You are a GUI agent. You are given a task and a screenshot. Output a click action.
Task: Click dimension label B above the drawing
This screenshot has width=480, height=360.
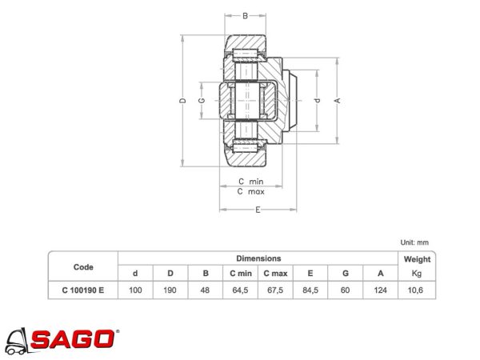(x=245, y=16)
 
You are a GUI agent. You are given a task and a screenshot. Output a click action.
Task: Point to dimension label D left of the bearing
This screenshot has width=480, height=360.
(x=182, y=101)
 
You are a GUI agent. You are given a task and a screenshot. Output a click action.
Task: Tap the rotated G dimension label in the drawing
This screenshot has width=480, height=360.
(x=202, y=101)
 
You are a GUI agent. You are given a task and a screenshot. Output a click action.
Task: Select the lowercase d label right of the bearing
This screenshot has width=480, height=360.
(x=318, y=101)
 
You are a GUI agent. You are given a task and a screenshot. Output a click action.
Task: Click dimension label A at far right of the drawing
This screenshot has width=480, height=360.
(x=338, y=101)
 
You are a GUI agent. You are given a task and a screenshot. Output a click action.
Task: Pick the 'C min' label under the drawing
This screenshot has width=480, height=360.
(x=250, y=182)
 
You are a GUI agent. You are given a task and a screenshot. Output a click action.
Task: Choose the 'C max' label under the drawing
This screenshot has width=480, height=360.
(x=250, y=192)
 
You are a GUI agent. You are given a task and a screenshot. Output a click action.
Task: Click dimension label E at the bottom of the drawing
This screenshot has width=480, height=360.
(x=258, y=210)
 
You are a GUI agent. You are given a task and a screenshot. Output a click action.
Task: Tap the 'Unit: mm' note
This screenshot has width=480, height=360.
(x=414, y=242)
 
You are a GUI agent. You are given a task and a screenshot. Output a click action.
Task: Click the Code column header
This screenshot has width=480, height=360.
(x=83, y=267)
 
